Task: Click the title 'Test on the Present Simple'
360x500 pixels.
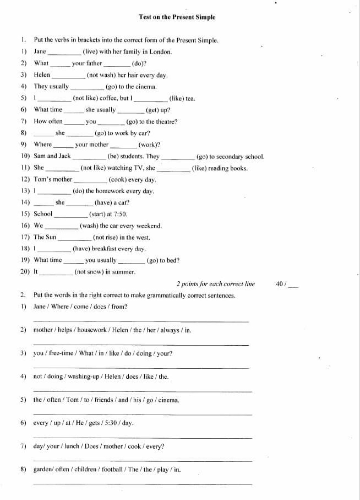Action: (177, 17)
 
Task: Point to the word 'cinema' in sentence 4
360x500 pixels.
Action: (146, 87)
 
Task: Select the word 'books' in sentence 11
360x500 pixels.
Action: (239, 168)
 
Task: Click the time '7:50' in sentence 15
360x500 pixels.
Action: (120, 214)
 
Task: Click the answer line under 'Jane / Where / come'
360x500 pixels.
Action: (141, 321)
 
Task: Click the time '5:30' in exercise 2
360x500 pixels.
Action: (111, 423)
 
